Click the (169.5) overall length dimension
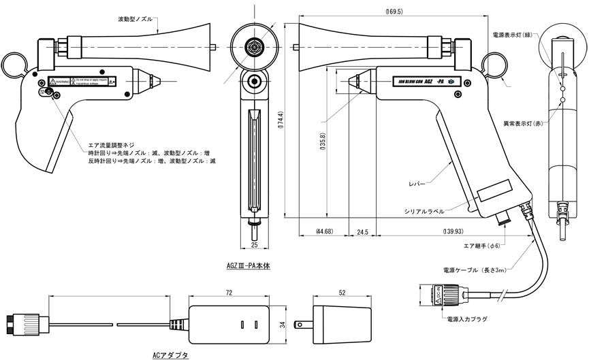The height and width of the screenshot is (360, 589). point(394,12)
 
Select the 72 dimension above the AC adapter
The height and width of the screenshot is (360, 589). point(229,292)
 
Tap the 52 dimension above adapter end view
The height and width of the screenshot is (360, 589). point(340,292)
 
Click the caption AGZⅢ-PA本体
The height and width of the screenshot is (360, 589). point(248,267)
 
